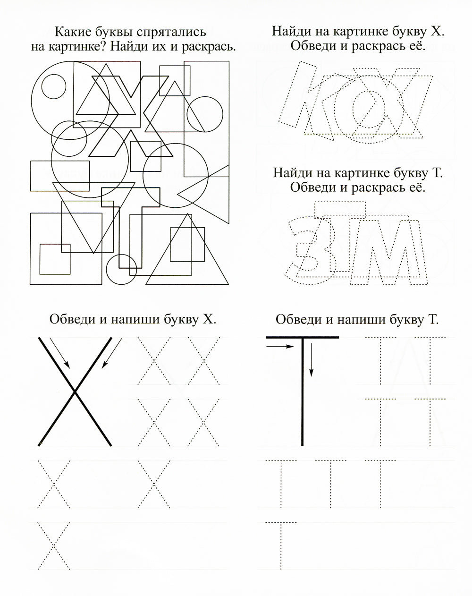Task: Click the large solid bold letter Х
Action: (x=75, y=391)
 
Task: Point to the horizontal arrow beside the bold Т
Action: (x=280, y=347)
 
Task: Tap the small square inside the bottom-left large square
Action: (x=55, y=259)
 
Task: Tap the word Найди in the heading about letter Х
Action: (x=289, y=32)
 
